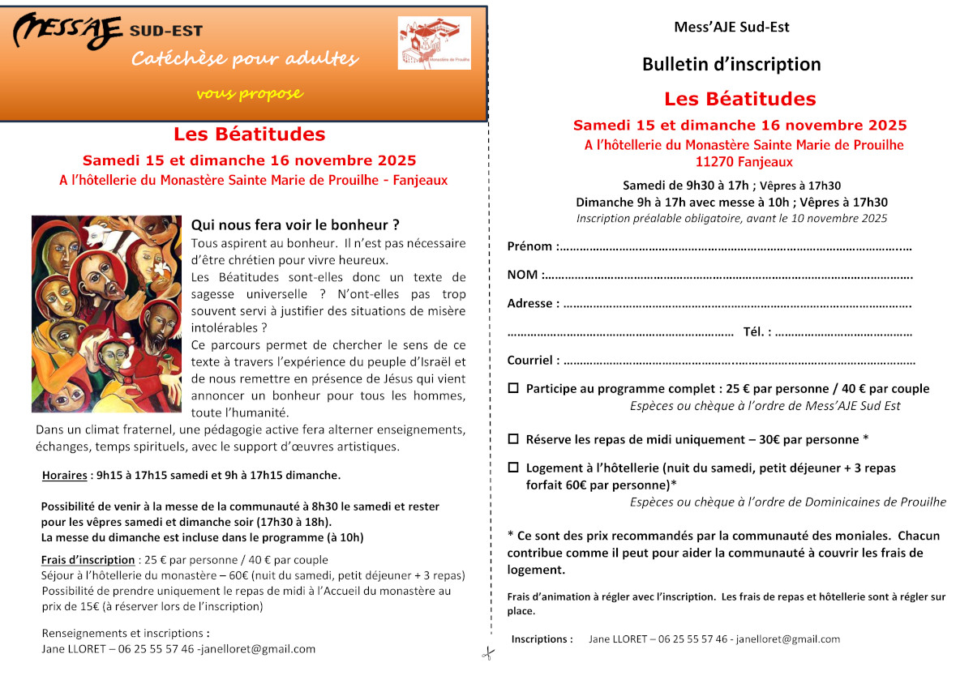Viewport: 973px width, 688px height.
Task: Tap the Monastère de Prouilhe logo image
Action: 434,43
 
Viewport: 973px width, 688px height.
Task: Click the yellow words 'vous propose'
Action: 250,94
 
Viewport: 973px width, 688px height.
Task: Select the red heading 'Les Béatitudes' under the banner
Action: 250,135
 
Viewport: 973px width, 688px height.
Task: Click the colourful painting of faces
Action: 106,314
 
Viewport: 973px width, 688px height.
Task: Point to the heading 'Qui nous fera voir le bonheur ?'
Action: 295,224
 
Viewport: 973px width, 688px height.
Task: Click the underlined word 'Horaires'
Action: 64,475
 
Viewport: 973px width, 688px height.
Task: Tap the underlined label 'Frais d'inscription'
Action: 88,560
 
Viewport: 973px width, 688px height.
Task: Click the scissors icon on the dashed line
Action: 487,653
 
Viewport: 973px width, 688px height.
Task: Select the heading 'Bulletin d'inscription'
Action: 731,64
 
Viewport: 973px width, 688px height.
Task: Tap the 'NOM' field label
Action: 523,275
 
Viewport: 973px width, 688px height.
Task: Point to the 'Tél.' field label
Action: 757,332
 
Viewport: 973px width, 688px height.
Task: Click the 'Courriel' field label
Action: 533,361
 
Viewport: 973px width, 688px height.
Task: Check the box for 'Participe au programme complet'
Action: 513,389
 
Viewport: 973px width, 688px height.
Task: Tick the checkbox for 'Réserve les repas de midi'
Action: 513,439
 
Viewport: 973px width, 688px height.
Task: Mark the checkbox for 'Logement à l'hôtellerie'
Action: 513,468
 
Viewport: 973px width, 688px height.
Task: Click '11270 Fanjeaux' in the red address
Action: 744,162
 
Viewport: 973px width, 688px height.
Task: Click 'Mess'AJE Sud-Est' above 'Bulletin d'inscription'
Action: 731,27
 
